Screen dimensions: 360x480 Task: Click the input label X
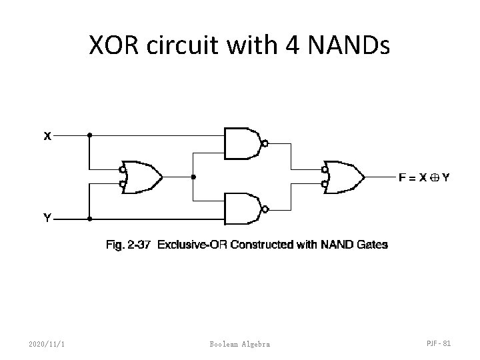47,137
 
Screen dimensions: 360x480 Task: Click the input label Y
47,217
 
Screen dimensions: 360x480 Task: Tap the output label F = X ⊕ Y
423,177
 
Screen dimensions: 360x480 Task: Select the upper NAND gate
244,143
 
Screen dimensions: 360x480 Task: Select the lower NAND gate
244,209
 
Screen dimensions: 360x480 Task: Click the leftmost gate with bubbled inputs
141,177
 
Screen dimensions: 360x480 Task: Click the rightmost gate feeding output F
344,177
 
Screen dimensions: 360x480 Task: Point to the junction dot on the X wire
89,135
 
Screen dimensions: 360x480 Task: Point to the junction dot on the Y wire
89,218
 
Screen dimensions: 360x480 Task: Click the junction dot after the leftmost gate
193,177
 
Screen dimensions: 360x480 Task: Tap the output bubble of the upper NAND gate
265,143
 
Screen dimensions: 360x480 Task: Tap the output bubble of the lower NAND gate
265,209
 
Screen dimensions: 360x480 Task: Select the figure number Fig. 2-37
127,245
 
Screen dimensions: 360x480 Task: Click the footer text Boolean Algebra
239,343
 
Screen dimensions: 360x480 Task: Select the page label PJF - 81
438,343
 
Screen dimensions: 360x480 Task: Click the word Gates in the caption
372,245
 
